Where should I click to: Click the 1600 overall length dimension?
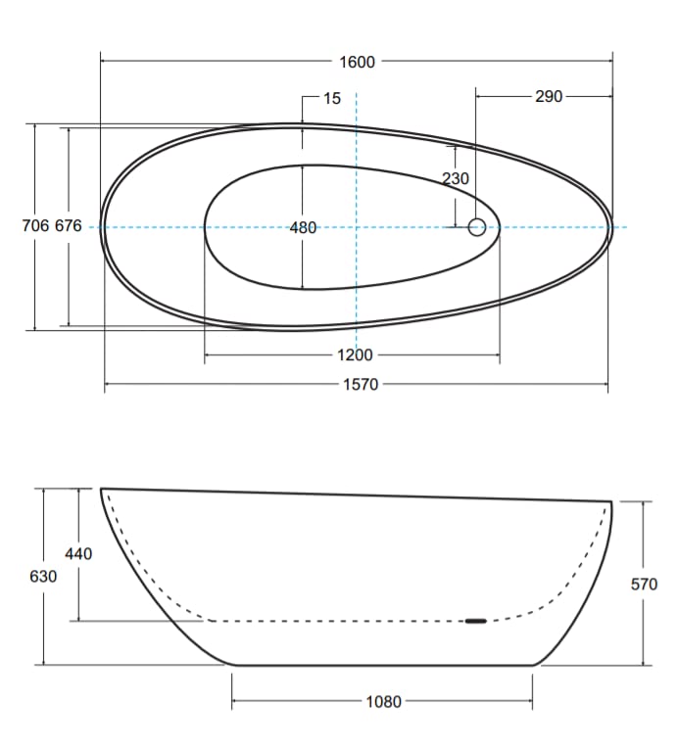pyautogui.click(x=357, y=62)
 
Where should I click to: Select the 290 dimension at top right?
pyautogui.click(x=549, y=97)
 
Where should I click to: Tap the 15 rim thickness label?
pyautogui.click(x=331, y=98)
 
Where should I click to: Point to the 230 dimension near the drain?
pyautogui.click(x=456, y=178)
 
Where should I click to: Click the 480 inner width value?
pyautogui.click(x=304, y=227)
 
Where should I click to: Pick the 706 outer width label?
pyautogui.click(x=35, y=226)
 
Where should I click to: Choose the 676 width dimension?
pyautogui.click(x=69, y=226)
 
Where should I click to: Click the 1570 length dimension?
pyautogui.click(x=360, y=385)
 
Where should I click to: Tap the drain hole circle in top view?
pyautogui.click(x=477, y=227)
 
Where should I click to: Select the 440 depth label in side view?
pyautogui.click(x=78, y=554)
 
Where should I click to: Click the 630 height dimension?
pyautogui.click(x=43, y=577)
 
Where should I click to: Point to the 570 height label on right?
pyautogui.click(x=644, y=585)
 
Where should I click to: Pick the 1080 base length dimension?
pyautogui.click(x=383, y=701)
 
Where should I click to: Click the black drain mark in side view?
pyautogui.click(x=475, y=620)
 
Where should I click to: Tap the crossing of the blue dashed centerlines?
pyautogui.click(x=357, y=227)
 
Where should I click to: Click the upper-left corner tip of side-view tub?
pyautogui.click(x=101, y=489)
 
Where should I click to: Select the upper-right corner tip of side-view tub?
pyautogui.click(x=611, y=502)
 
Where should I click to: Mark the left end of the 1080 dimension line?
pyautogui.click(x=232, y=701)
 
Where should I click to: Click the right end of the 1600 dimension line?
pyautogui.click(x=612, y=62)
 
